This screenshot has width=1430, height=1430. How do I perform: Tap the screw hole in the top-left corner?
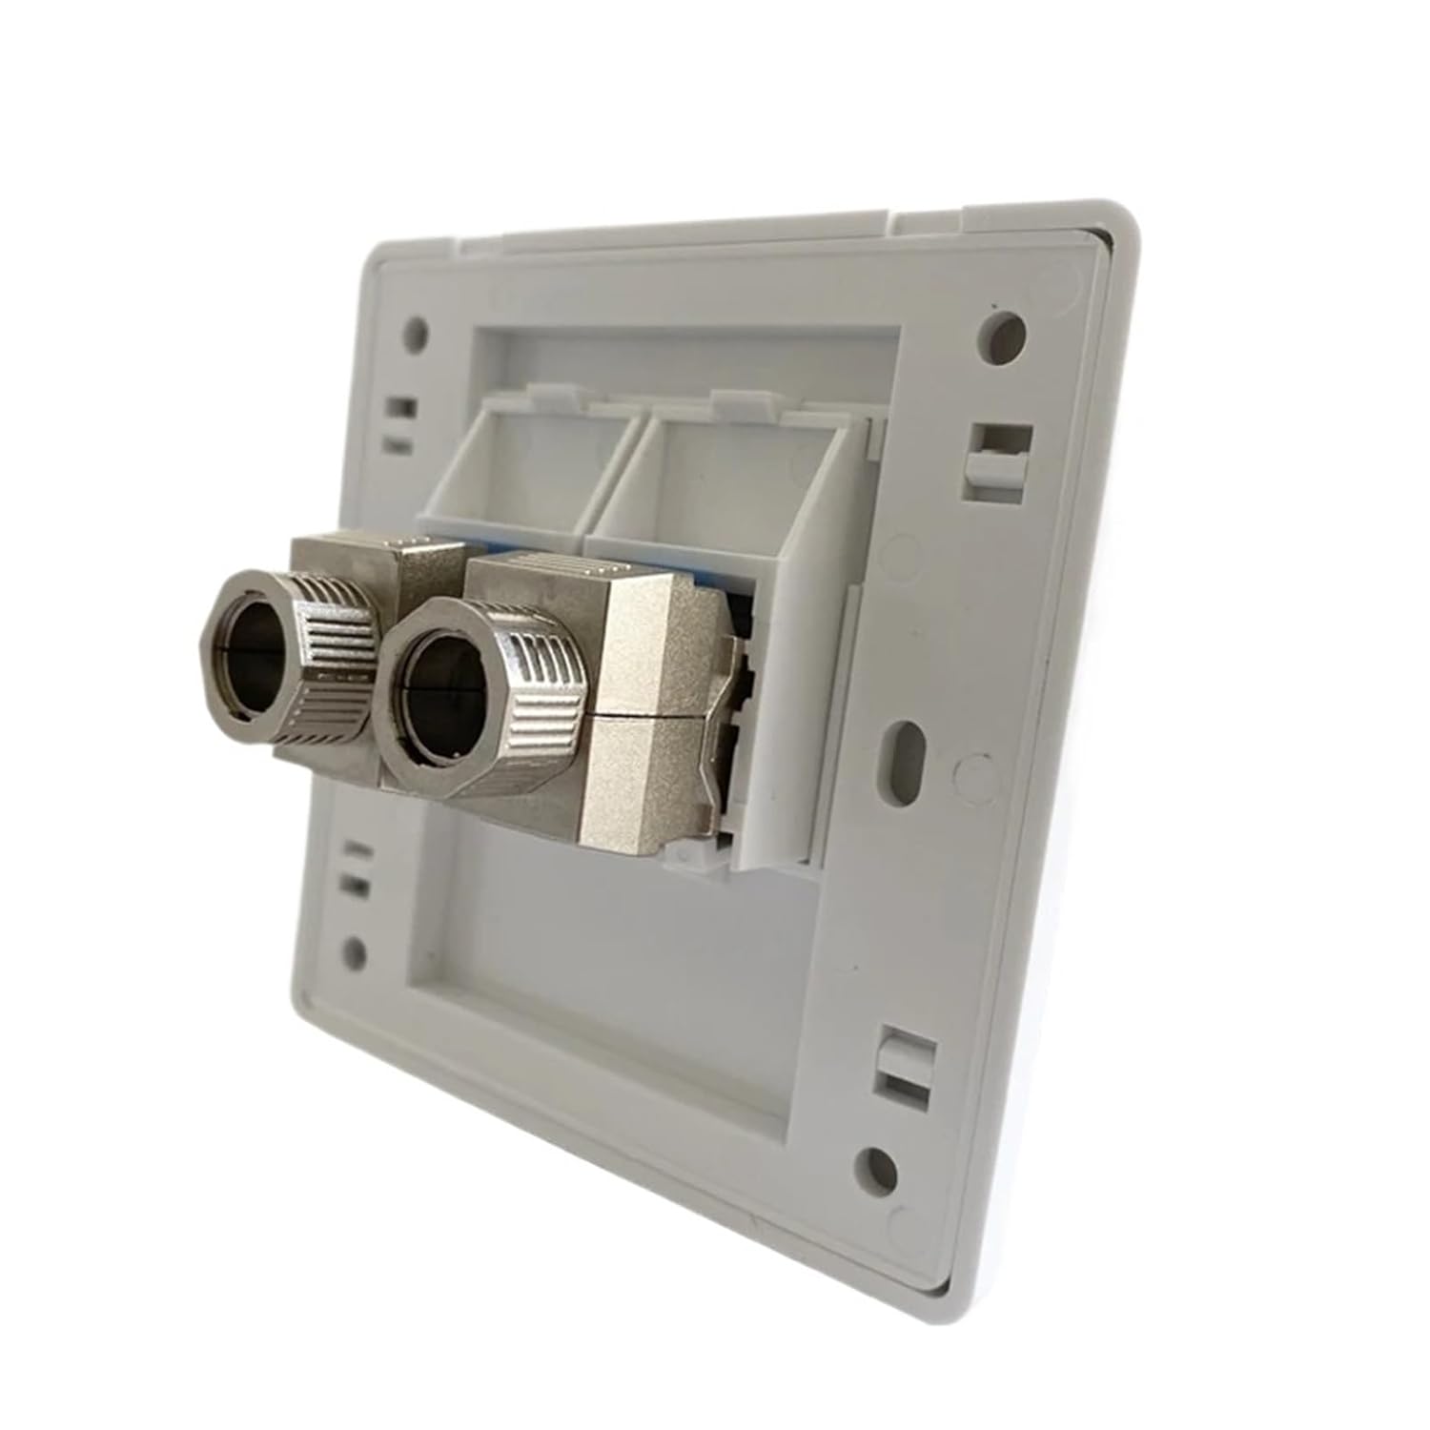416,333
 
